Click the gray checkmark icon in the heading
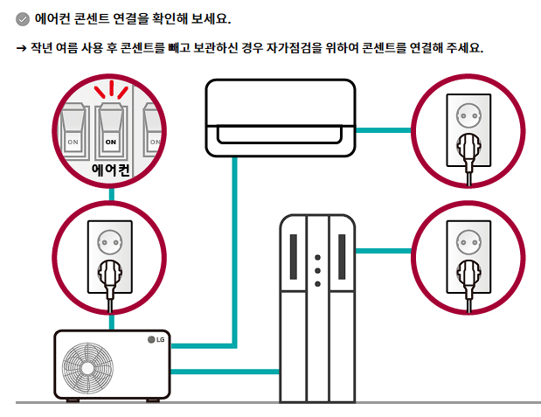(x=23, y=18)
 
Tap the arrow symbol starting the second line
(x=22, y=47)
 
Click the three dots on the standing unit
(x=317, y=271)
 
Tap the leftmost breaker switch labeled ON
(x=73, y=129)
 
